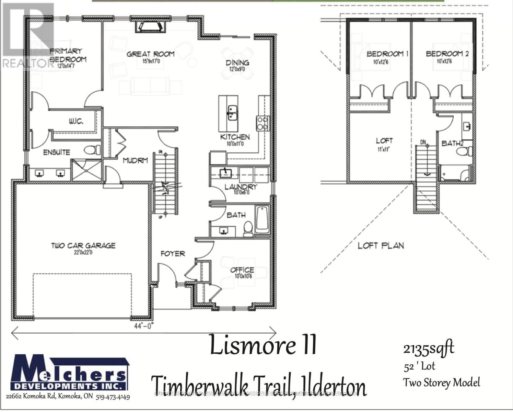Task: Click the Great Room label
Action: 150,54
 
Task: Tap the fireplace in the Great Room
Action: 150,26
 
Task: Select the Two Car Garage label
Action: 83,245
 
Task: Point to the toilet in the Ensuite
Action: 93,150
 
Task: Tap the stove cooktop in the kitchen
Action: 263,123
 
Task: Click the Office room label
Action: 242,270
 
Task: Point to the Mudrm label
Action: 135,160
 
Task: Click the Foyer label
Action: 173,254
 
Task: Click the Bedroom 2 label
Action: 447,54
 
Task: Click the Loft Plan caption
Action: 381,245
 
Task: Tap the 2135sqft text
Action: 429,349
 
